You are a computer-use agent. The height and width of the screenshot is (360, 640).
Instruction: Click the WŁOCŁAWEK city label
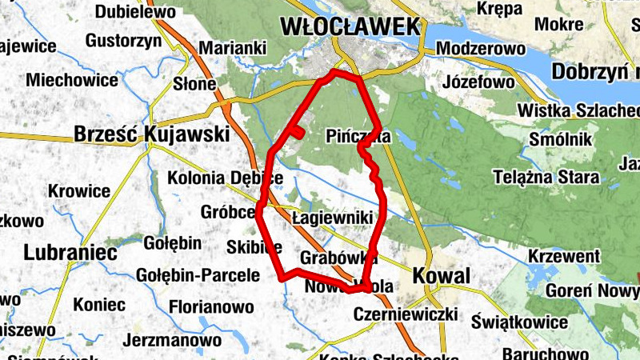tap(350, 26)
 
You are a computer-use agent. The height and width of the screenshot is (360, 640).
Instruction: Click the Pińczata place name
tap(358, 137)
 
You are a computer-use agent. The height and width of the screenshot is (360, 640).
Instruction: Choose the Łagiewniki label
tap(333, 217)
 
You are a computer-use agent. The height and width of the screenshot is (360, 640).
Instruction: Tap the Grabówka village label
tap(338, 258)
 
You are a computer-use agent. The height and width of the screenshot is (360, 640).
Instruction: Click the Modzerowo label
tap(481, 49)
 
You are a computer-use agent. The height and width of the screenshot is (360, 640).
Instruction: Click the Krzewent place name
tap(564, 257)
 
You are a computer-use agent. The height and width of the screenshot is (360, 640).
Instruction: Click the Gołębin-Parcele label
tap(198, 276)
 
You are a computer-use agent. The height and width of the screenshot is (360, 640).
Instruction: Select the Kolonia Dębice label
tap(226, 178)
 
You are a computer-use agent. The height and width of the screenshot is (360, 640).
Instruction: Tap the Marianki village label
tap(232, 49)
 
